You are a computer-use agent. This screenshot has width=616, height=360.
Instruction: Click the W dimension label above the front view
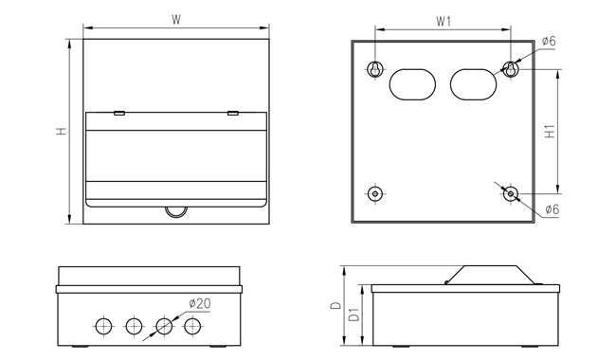176,20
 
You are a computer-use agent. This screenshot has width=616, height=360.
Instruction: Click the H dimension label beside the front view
62,131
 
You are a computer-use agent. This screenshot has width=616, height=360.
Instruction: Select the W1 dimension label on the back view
444,21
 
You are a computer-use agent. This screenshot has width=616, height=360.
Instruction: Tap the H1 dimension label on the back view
551,131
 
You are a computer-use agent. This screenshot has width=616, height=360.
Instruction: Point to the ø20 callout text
200,303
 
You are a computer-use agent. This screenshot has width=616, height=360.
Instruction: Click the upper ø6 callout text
549,41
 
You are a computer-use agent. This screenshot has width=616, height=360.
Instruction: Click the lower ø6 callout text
552,209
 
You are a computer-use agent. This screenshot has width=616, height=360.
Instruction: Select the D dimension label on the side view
335,305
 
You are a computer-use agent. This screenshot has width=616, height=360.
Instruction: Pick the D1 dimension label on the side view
354,315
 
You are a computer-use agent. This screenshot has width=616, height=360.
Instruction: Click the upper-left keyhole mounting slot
375,69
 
